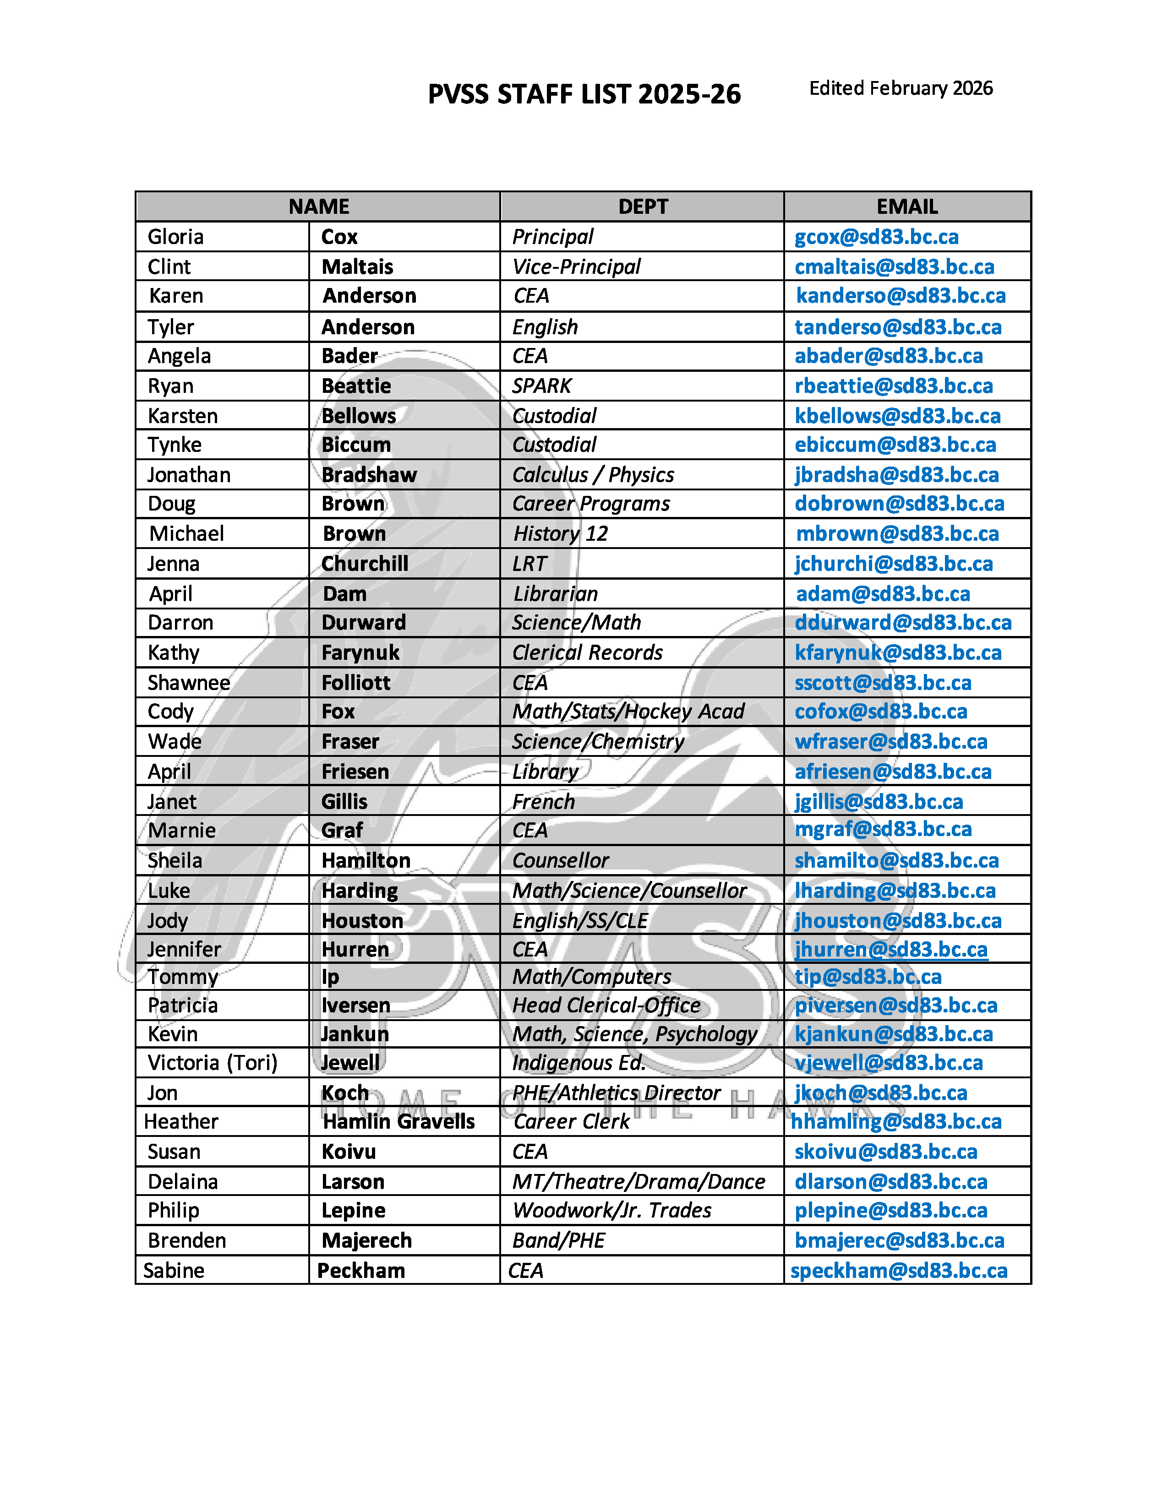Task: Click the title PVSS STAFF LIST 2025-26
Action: pyautogui.click(x=584, y=94)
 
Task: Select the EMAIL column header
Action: pyautogui.click(x=906, y=206)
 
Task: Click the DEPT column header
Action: pyautogui.click(x=643, y=206)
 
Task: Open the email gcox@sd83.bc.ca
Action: pyautogui.click(x=876, y=237)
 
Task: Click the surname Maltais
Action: pyautogui.click(x=357, y=266)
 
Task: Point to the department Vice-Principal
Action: pyautogui.click(x=576, y=266)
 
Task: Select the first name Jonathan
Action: pyautogui.click(x=189, y=475)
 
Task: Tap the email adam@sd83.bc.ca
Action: pyautogui.click(x=883, y=593)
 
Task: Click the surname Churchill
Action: pyautogui.click(x=365, y=564)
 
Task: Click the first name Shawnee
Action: pyautogui.click(x=189, y=683)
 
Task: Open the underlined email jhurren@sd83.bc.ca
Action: pyautogui.click(x=890, y=949)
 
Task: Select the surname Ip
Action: pyautogui.click(x=330, y=977)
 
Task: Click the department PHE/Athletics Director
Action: pyautogui.click(x=616, y=1092)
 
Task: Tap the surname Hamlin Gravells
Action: pyautogui.click(x=398, y=1121)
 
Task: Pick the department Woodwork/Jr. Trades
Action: pyautogui.click(x=611, y=1210)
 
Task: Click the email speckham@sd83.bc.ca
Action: pyautogui.click(x=898, y=1270)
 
